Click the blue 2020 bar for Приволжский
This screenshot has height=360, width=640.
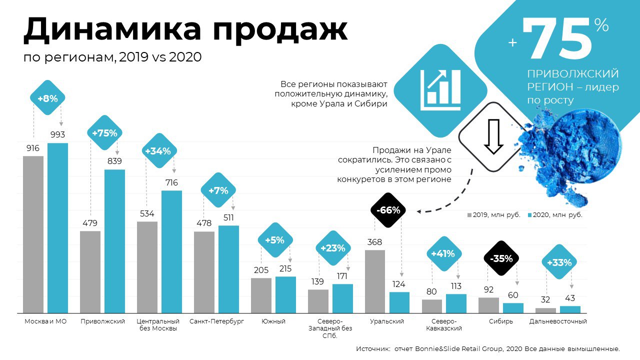(114, 241)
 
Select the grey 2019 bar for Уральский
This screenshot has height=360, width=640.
(375, 281)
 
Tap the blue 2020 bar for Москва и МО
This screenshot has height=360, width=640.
(57, 228)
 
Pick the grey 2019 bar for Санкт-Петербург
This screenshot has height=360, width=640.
(204, 272)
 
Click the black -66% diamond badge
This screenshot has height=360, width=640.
(388, 210)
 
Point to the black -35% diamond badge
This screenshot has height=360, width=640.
(501, 258)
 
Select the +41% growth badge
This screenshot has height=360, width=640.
(443, 254)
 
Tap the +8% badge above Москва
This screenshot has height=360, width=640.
(47, 98)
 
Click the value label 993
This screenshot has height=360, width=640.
(57, 134)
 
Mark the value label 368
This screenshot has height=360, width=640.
(374, 242)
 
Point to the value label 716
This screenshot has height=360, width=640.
(171, 183)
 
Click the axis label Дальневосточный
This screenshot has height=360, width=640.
(558, 321)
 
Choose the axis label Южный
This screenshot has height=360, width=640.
(273, 321)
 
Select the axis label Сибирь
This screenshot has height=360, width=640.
(501, 321)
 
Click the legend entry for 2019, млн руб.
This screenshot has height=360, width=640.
(494, 215)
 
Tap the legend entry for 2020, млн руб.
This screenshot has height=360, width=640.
(554, 215)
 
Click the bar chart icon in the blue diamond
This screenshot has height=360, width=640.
(440, 90)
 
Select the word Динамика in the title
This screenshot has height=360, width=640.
(112, 30)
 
